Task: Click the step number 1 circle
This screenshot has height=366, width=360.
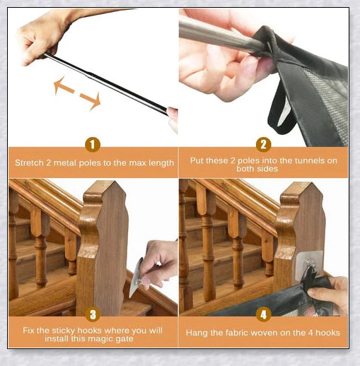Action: pos(93,145)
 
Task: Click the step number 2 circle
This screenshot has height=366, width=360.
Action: pos(263,145)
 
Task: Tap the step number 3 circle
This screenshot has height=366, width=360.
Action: pos(93,314)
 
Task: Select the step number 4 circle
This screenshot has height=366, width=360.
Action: pos(263,314)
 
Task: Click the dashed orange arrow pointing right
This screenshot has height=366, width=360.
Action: pos(90,100)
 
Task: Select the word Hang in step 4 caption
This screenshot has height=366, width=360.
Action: pos(197,333)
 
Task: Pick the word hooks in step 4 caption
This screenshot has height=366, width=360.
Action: pos(326,333)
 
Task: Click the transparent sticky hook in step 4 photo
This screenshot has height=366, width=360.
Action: pos(312,266)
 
